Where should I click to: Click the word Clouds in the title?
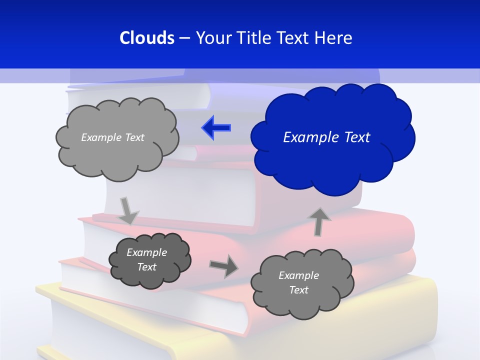(147, 38)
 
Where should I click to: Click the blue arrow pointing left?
(216, 127)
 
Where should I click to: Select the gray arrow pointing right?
(224, 265)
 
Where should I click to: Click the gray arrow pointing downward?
(128, 210)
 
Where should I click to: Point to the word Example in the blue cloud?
(308, 137)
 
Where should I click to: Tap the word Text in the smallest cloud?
(146, 267)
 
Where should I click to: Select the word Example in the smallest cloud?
(146, 252)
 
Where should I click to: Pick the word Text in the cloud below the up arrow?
(298, 290)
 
